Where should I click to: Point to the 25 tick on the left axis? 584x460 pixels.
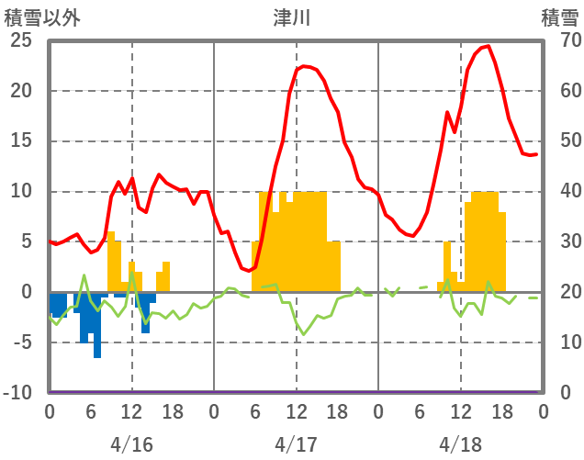[x=21, y=40]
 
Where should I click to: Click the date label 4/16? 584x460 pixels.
[x=131, y=443]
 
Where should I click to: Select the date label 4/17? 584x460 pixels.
[x=296, y=443]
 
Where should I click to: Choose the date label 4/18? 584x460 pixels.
[x=460, y=443]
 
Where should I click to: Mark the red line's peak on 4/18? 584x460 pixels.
[x=488, y=46]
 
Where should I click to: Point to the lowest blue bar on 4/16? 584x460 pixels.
[x=97, y=356]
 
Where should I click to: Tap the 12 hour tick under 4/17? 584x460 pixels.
[x=296, y=411]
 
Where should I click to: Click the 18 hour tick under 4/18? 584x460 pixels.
[x=501, y=411]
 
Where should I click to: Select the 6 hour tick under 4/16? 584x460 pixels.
[x=90, y=411]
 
